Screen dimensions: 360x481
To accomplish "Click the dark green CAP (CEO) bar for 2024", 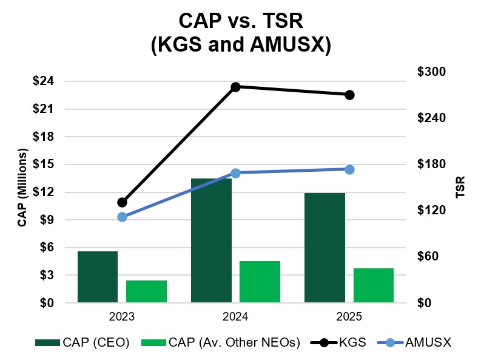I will click(211, 240).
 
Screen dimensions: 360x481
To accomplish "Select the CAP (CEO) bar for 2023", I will click(98, 277).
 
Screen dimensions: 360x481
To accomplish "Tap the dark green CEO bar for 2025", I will click(325, 248).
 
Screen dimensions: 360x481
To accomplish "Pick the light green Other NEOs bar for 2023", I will click(146, 291).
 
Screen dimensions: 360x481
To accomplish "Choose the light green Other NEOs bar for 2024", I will click(260, 282).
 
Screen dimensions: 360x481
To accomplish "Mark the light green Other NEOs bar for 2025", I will click(373, 285).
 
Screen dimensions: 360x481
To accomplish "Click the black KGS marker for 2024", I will click(236, 87).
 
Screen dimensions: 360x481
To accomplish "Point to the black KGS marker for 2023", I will click(122, 202).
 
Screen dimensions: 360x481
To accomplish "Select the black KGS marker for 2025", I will click(349, 95).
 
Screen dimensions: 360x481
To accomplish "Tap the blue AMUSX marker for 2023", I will click(122, 217).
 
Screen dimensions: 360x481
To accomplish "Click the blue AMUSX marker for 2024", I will click(236, 173).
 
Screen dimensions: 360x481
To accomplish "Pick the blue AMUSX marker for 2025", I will click(349, 169).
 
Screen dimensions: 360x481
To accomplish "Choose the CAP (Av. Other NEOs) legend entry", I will click(221, 342).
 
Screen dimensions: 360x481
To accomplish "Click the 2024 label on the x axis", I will click(235, 317).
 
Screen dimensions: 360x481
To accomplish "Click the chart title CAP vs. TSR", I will click(240, 21).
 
